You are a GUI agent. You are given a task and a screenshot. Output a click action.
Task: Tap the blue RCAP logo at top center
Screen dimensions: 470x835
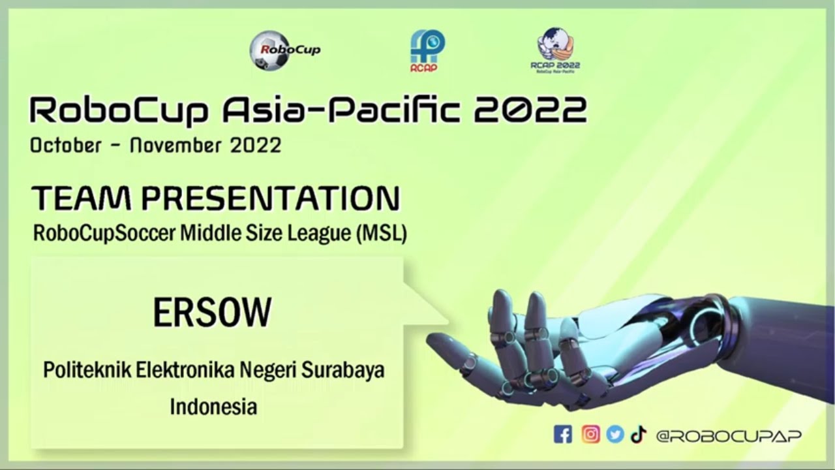click(x=427, y=51)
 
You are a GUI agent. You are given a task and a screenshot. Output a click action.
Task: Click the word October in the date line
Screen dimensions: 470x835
click(x=65, y=145)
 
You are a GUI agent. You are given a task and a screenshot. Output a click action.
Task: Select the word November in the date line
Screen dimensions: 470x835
click(x=173, y=145)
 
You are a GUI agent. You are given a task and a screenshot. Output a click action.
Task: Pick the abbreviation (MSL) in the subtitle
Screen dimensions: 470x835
click(x=381, y=234)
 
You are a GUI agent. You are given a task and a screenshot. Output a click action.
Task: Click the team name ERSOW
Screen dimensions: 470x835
click(x=212, y=313)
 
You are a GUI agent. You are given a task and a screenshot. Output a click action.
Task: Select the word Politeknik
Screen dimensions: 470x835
click(x=87, y=370)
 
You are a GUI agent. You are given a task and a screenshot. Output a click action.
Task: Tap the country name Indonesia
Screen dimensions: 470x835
click(x=213, y=407)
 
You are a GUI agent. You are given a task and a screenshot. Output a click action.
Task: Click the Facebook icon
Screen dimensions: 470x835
click(x=562, y=435)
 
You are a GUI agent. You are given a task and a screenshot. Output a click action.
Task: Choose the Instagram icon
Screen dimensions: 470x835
click(x=590, y=435)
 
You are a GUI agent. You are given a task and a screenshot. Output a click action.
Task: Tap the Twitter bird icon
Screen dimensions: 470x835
click(x=615, y=435)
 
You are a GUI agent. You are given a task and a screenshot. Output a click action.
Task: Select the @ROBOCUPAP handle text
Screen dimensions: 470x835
click(x=729, y=436)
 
